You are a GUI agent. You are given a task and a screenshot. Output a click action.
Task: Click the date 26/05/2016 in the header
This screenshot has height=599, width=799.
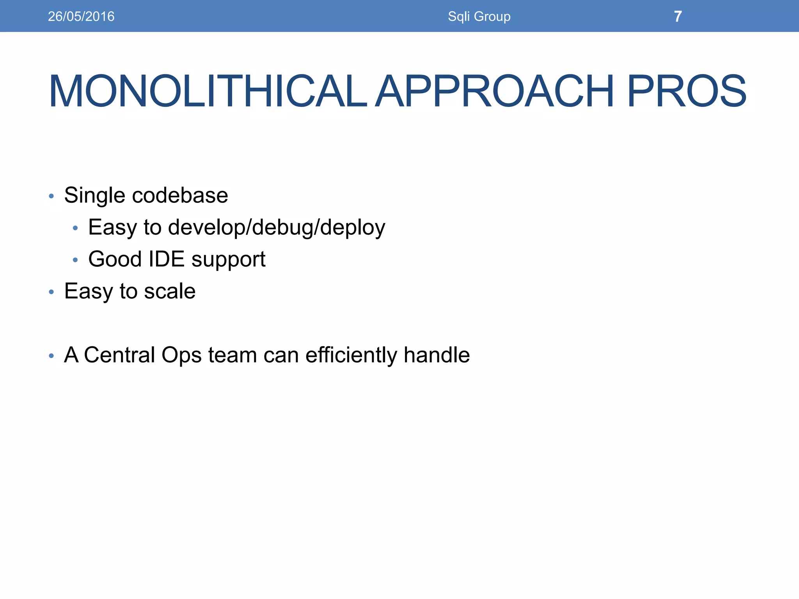tap(81, 16)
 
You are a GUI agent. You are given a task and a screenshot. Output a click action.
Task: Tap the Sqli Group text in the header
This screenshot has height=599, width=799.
tap(479, 16)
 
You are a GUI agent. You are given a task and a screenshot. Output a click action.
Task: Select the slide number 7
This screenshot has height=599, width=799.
tap(678, 16)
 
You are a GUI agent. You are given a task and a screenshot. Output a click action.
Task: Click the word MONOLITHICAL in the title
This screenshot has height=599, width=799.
tap(208, 91)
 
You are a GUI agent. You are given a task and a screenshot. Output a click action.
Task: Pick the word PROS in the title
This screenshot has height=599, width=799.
tap(686, 91)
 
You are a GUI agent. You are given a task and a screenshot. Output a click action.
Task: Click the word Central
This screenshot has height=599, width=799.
tap(119, 355)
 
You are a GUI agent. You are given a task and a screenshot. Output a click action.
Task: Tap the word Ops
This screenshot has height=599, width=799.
tap(181, 356)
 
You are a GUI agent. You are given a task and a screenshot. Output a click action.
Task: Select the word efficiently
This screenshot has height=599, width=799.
tap(351, 355)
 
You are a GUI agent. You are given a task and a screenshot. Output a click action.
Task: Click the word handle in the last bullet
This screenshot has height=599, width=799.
tap(437, 355)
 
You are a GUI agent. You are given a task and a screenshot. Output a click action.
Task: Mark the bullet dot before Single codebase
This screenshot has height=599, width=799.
tap(51, 196)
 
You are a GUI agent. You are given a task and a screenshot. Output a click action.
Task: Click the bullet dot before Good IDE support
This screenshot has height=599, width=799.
tap(75, 260)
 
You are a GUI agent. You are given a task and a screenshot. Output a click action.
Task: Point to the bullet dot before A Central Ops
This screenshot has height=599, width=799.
tap(51, 356)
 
